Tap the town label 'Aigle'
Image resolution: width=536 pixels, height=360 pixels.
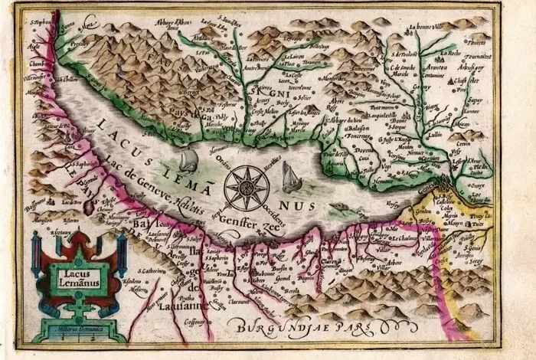tap(34, 46)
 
